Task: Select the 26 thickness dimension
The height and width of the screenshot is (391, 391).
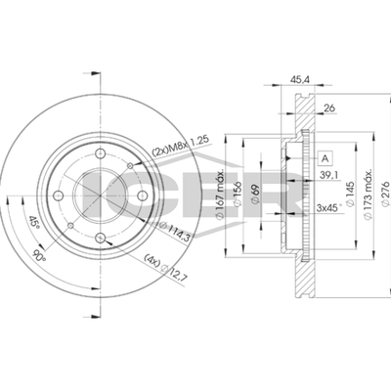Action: [329, 108]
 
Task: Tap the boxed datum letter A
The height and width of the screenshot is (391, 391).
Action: [325, 158]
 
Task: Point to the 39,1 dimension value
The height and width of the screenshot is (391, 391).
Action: [328, 175]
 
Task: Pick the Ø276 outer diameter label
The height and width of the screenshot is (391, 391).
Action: [385, 194]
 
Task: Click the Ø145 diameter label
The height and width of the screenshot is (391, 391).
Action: [350, 194]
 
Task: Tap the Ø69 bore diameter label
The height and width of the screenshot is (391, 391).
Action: [256, 194]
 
